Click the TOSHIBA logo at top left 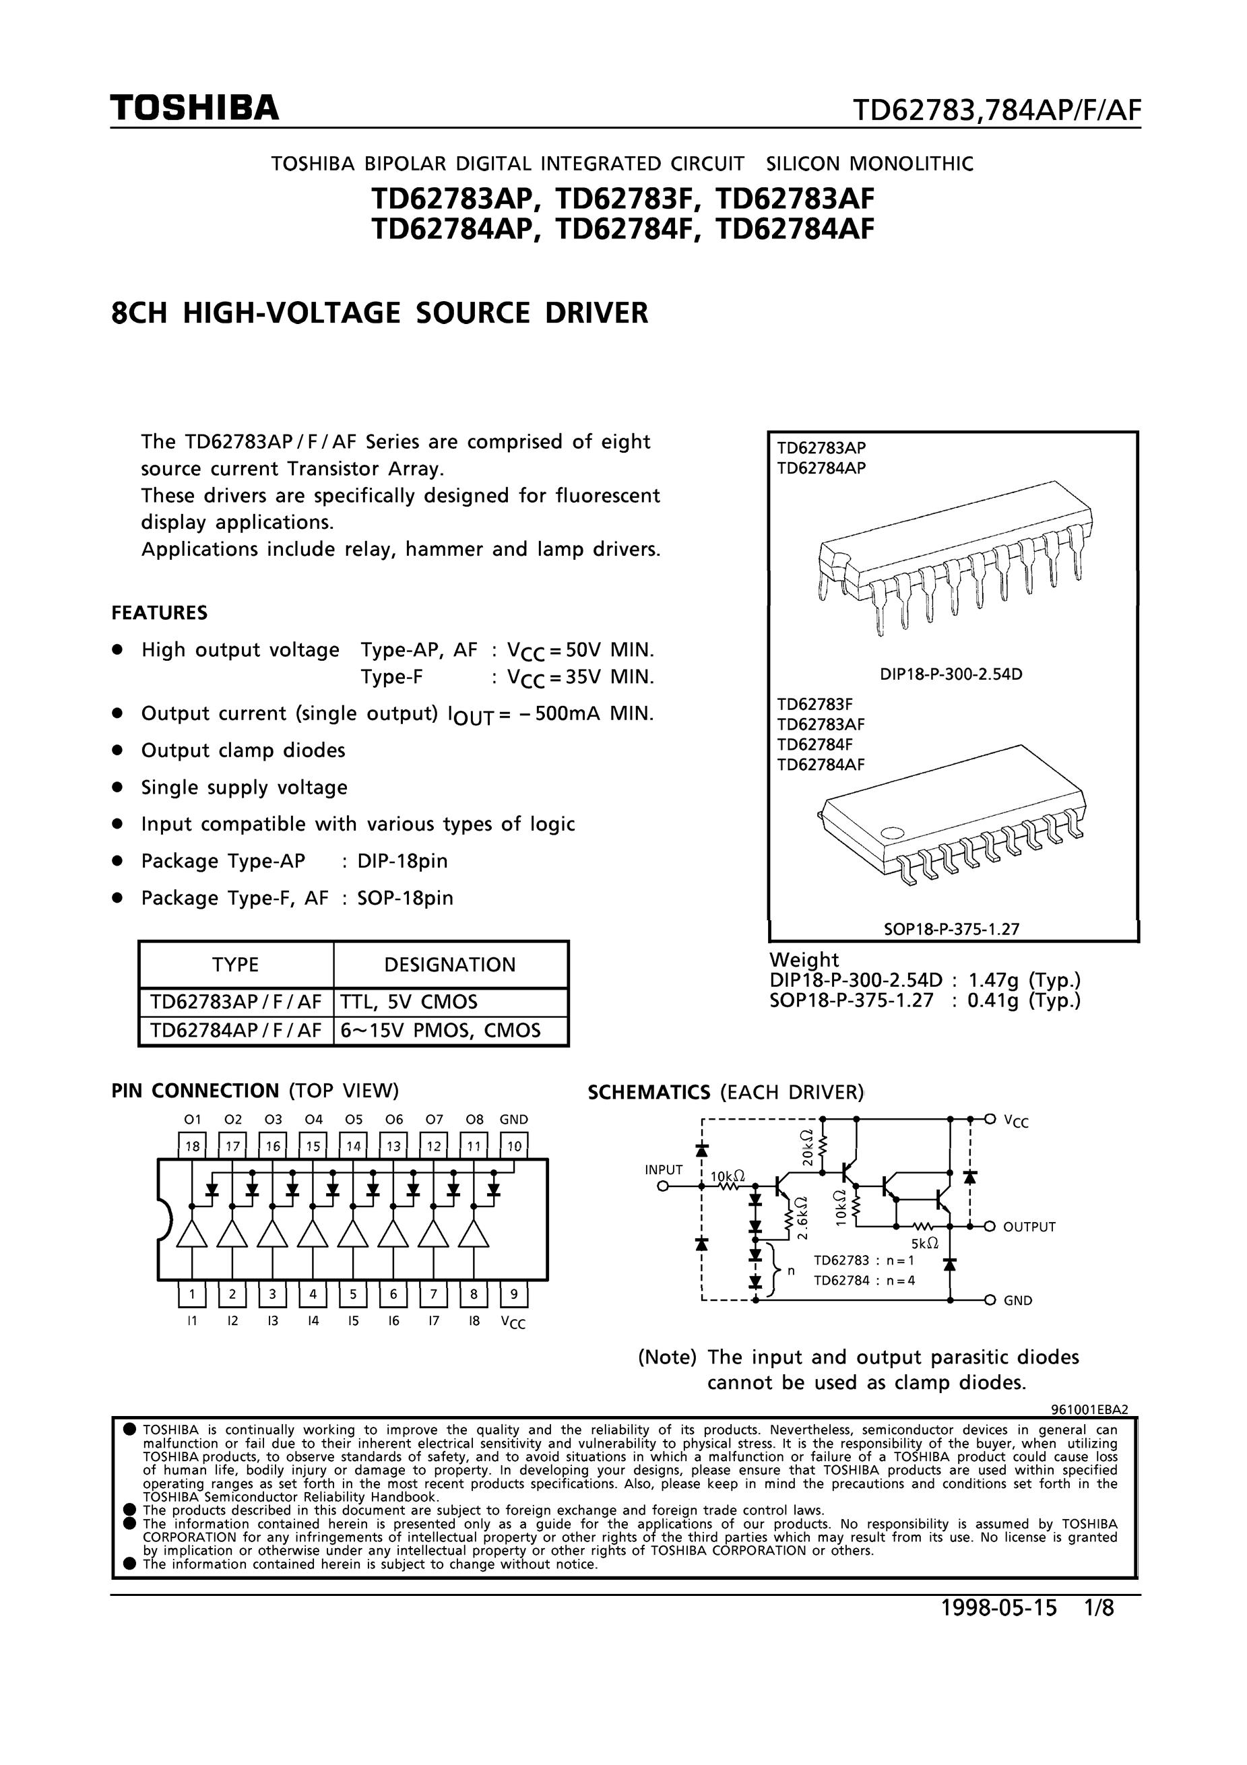coord(195,108)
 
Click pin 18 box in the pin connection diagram coord(192,1146)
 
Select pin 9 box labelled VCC coord(513,1293)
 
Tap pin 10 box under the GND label coord(513,1146)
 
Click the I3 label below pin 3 coord(273,1320)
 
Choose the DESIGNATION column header coord(450,965)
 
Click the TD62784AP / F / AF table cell coord(235,1031)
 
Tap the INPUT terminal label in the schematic coord(664,1170)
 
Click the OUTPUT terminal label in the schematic coord(1029,1227)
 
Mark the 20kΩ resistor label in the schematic coord(806,1148)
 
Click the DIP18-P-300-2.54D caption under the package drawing coord(951,675)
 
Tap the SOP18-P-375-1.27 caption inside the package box coord(951,928)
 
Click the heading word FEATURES coord(159,612)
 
